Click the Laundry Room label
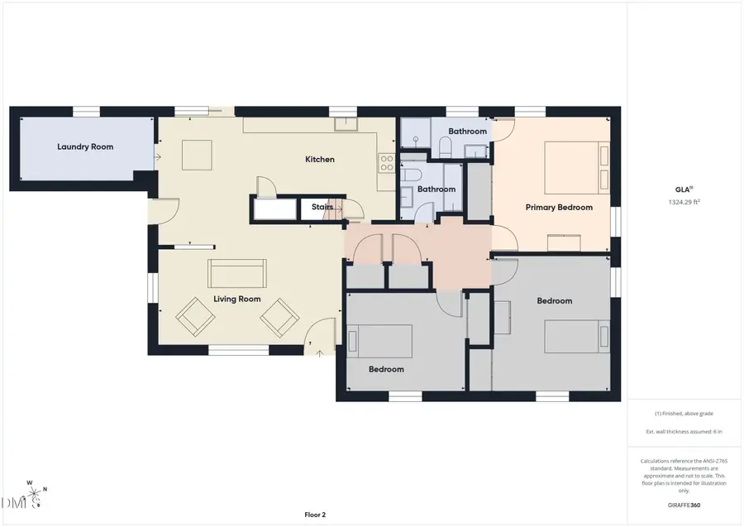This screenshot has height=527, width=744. [x=85, y=146]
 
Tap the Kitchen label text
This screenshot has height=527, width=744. [x=320, y=159]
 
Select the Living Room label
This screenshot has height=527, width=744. [x=237, y=299]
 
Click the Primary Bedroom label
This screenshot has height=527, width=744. [x=559, y=207]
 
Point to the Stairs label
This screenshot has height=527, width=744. [x=322, y=207]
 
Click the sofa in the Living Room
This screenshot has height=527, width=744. [x=237, y=271]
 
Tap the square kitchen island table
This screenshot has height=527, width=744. [x=198, y=155]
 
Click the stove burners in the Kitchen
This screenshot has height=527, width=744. [x=386, y=163]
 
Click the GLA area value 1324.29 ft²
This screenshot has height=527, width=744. [x=683, y=201]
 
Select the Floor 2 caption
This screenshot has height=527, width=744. [x=315, y=515]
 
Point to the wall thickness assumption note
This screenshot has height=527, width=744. [x=683, y=432]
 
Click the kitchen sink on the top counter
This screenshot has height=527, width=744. [x=345, y=125]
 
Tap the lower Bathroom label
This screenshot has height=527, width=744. [x=436, y=189]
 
